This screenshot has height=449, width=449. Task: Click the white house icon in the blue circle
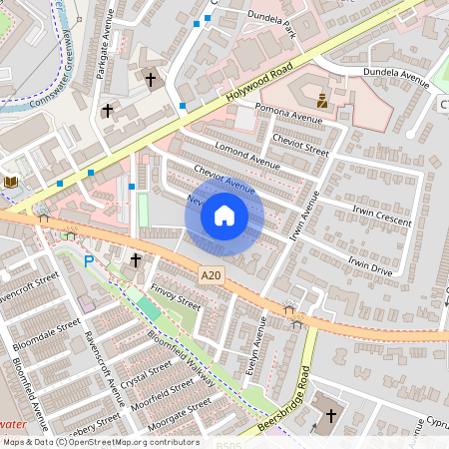click(x=224, y=215)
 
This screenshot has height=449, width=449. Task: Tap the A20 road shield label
click(x=211, y=274)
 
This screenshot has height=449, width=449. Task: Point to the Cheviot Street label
click(x=299, y=146)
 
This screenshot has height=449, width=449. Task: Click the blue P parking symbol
click(x=89, y=262)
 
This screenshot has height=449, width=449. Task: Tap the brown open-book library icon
click(x=11, y=182)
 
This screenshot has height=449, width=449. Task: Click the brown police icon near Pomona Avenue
click(x=322, y=100)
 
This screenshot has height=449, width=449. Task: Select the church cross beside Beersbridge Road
click(x=330, y=413)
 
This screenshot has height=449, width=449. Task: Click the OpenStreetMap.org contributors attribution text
click(x=135, y=442)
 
